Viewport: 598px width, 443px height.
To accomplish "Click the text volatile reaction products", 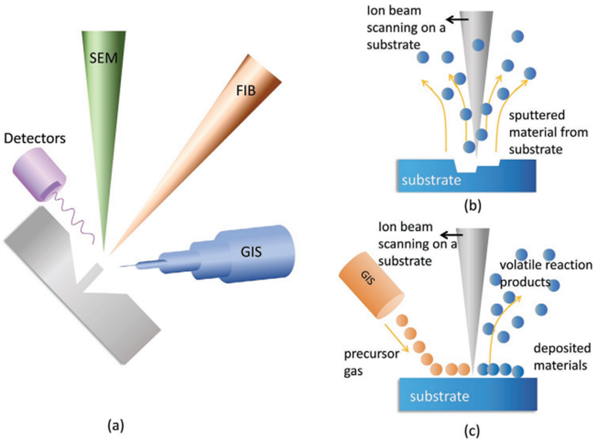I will [x=545, y=273].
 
